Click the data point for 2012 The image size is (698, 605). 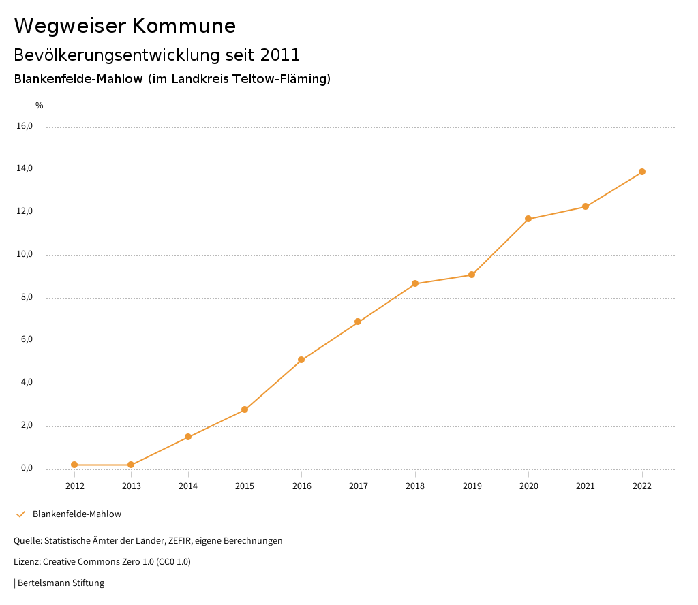click(x=74, y=465)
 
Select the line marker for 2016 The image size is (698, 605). click(x=301, y=360)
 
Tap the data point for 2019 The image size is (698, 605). click(x=472, y=275)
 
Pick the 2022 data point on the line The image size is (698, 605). click(x=642, y=172)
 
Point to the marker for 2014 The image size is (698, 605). click(x=188, y=437)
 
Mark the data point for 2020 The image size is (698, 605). click(x=528, y=219)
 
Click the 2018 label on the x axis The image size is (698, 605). click(x=415, y=486)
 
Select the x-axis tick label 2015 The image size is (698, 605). click(x=245, y=486)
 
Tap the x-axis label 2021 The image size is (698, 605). click(x=586, y=486)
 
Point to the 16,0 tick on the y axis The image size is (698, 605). click(x=25, y=126)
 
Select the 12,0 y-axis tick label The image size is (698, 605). click(x=25, y=211)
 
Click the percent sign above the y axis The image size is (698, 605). click(x=40, y=106)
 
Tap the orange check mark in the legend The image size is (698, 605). click(x=20, y=514)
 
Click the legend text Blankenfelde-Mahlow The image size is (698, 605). click(x=77, y=514)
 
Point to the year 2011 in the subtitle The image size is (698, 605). click(x=280, y=55)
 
